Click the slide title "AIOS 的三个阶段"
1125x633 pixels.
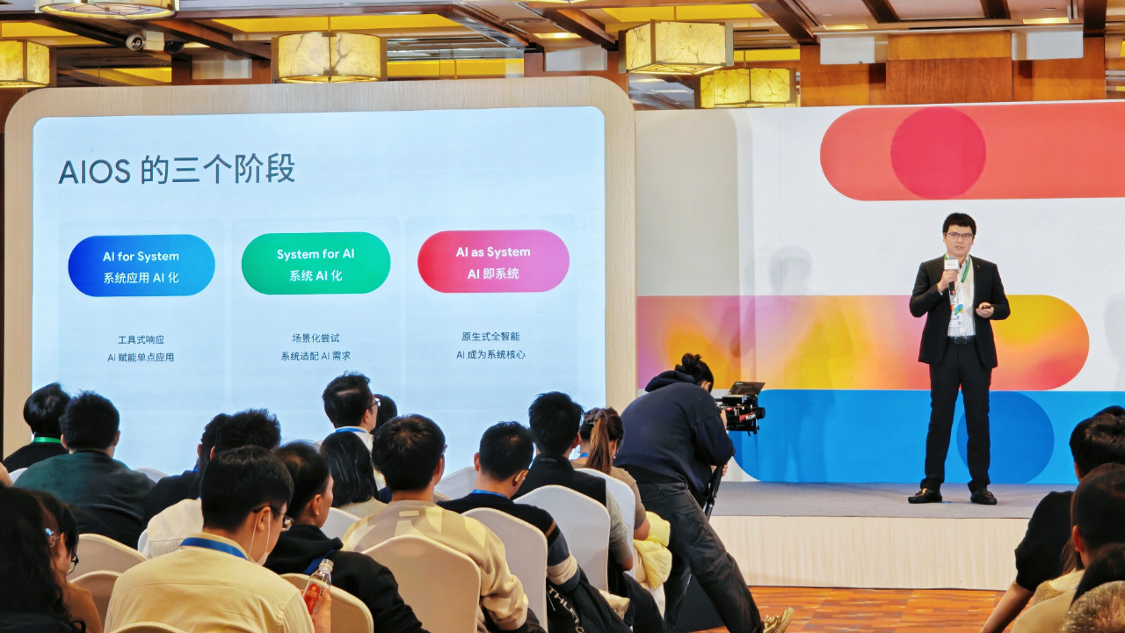click(176, 169)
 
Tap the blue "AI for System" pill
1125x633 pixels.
click(141, 265)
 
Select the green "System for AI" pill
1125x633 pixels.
click(316, 263)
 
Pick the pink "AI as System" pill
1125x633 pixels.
click(493, 261)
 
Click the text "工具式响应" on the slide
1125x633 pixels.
click(141, 339)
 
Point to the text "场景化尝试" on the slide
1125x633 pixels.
click(316, 338)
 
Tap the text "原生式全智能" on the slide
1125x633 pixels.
click(490, 336)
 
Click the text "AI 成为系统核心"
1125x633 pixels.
click(490, 354)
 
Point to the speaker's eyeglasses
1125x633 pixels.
click(959, 236)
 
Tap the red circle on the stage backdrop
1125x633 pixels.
click(938, 152)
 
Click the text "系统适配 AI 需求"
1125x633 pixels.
click(316, 356)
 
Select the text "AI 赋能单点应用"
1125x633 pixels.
click(141, 358)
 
